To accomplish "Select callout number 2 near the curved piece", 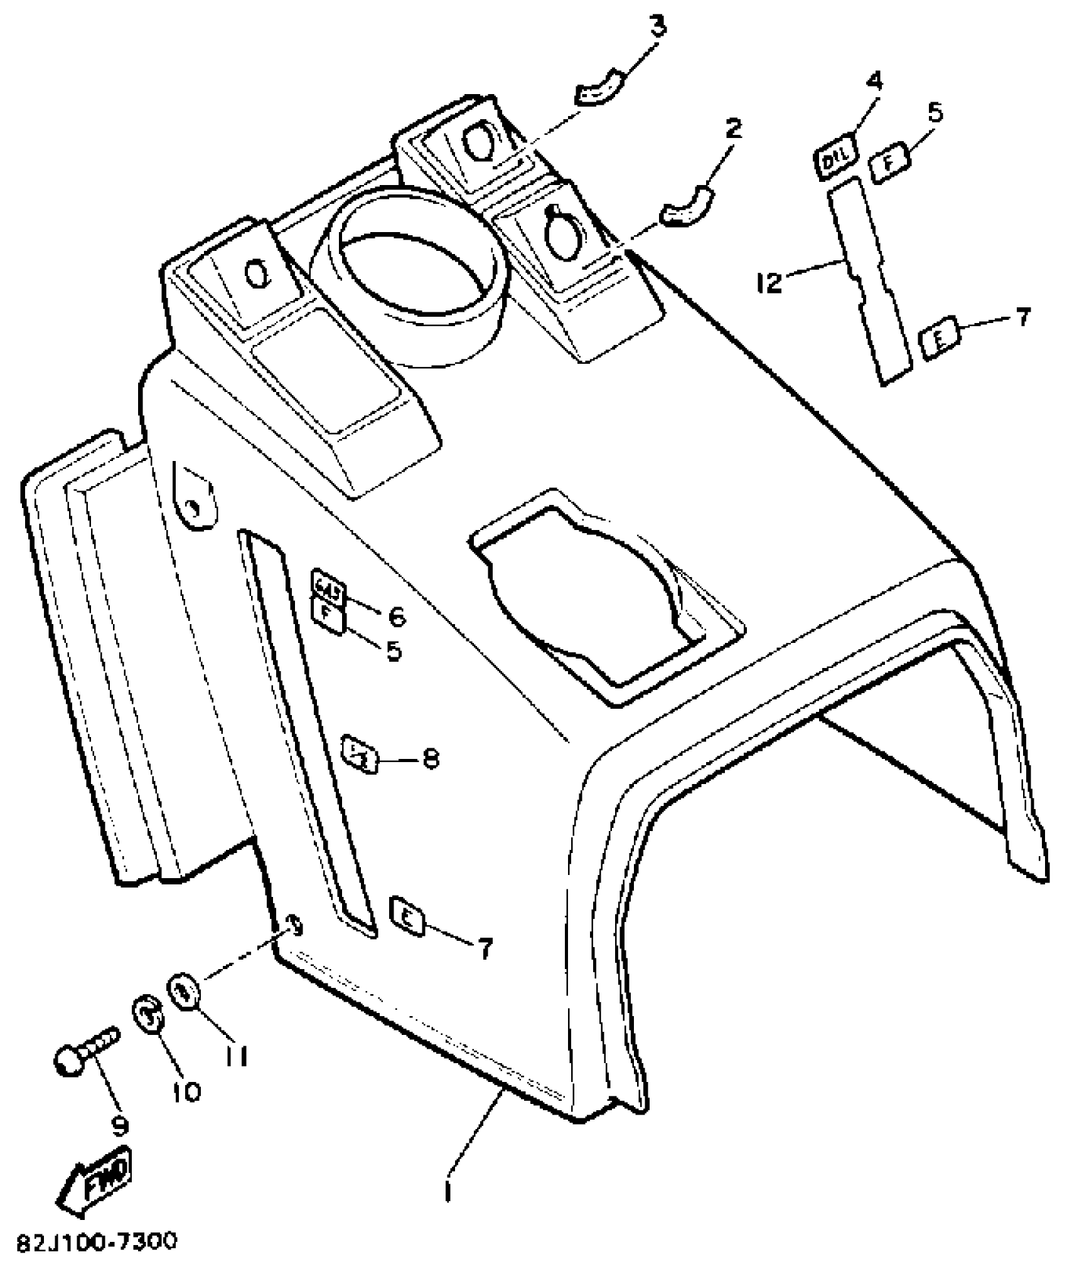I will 732,129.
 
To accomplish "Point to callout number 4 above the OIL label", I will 874,82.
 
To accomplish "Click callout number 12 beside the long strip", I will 769,282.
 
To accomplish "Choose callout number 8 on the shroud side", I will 431,760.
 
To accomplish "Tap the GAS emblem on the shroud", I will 328,586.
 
